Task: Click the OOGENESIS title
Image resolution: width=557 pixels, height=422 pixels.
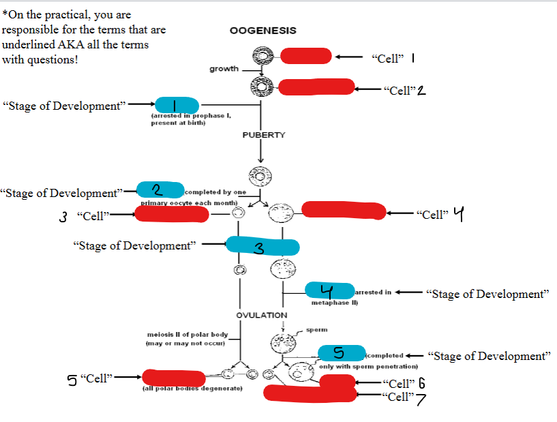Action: click(x=263, y=31)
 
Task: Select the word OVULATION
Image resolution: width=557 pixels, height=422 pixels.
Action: click(x=262, y=315)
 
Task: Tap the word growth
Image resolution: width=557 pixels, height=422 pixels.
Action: click(x=224, y=69)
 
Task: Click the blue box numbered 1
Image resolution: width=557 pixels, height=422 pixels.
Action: click(x=177, y=105)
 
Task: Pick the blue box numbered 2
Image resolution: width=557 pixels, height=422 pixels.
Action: click(x=160, y=190)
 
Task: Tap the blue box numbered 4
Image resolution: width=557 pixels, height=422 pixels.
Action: click(x=330, y=290)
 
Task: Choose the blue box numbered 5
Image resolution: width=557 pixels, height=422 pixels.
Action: click(x=342, y=352)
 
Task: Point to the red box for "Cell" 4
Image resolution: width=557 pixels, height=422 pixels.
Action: click(x=344, y=211)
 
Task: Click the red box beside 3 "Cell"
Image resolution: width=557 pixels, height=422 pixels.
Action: click(x=171, y=213)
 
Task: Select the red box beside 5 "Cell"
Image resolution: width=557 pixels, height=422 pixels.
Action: click(x=173, y=377)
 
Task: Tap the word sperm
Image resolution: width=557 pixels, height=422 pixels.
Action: click(x=317, y=329)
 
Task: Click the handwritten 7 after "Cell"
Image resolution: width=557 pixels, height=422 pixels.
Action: click(x=421, y=399)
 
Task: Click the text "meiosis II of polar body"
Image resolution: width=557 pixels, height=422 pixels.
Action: click(x=187, y=334)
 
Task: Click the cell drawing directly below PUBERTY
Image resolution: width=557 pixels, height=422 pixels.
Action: click(x=260, y=177)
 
